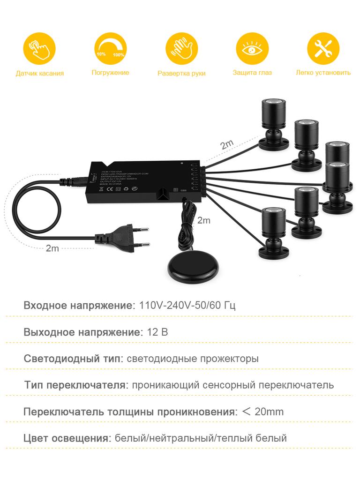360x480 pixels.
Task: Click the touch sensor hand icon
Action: coord(39,48)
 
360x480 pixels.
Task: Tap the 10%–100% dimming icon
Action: coord(110,48)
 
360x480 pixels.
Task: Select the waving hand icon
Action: coord(181,48)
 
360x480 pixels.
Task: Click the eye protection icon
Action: coord(252,48)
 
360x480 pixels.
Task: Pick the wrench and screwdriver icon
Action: coord(323,48)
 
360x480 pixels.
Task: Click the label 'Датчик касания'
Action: coord(39,73)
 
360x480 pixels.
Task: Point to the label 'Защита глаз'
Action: coord(252,73)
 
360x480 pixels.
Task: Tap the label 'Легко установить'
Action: coord(323,73)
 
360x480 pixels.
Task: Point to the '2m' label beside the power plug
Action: coord(52,248)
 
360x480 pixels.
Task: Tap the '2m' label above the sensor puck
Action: coord(204,219)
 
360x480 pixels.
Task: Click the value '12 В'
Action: coord(157,332)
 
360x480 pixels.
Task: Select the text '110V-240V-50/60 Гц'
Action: coord(187,306)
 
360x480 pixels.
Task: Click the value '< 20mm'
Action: coord(262,412)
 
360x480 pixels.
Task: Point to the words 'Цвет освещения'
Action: coord(66,439)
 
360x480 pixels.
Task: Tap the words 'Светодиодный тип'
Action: coord(73,359)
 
